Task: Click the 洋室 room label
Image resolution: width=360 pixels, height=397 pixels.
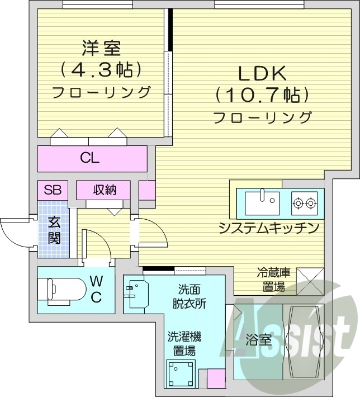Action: click(101, 49)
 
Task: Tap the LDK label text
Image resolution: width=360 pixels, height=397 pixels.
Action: click(263, 73)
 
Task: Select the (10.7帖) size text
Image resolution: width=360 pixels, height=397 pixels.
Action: click(262, 95)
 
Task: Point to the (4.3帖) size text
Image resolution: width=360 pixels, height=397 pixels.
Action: click(101, 70)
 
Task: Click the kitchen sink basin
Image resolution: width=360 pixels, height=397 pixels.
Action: click(262, 201)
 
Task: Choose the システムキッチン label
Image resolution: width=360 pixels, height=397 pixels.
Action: click(269, 228)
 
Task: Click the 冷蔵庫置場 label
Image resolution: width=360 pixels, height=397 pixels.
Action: click(273, 280)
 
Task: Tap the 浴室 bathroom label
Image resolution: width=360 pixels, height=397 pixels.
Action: click(259, 340)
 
